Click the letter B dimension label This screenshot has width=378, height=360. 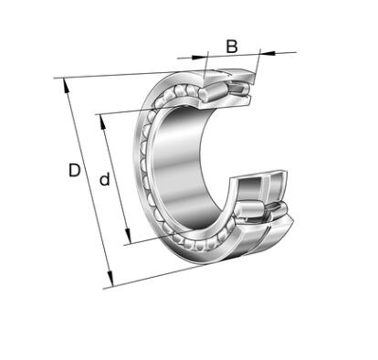pyautogui.click(x=232, y=47)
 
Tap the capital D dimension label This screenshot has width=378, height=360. pyautogui.click(x=75, y=170)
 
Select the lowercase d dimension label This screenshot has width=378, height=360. pyautogui.click(x=104, y=179)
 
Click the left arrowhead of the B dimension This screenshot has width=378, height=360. pyautogui.click(x=199, y=57)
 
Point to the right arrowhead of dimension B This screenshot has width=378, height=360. pyautogui.click(x=268, y=53)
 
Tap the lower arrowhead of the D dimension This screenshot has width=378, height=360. pyautogui.click(x=110, y=280)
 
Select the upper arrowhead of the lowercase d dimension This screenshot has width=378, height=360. pyautogui.click(x=103, y=122)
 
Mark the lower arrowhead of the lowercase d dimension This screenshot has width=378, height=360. pyautogui.click(x=128, y=236)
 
